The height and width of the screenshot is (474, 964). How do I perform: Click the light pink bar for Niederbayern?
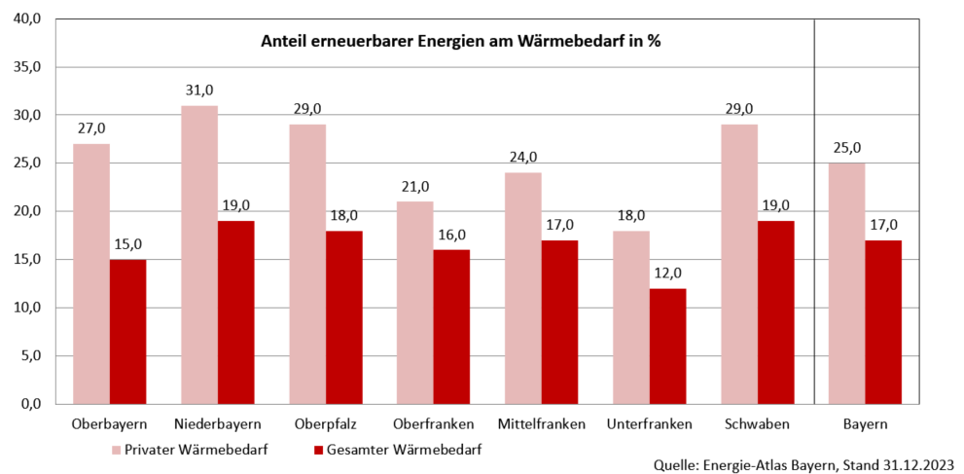click(199, 255)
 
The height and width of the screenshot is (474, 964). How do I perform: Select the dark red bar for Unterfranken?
click(667, 346)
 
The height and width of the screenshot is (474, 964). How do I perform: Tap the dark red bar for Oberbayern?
click(127, 331)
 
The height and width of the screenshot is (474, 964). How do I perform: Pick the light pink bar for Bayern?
click(846, 283)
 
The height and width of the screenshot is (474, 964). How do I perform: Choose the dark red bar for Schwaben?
click(775, 312)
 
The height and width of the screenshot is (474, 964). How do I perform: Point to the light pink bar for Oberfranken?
click(415, 303)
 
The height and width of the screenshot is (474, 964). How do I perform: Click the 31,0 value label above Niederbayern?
click(199, 91)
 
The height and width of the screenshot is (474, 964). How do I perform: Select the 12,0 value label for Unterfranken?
click(667, 273)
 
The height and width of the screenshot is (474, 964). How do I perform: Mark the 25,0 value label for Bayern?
click(846, 148)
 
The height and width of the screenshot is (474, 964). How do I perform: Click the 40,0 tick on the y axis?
click(25, 19)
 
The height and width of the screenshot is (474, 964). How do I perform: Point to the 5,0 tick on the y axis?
click(28, 356)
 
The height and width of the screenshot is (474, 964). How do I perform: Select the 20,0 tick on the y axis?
click(25, 211)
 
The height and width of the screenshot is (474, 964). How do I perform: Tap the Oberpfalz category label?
click(326, 424)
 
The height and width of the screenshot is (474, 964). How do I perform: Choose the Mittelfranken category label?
click(541, 424)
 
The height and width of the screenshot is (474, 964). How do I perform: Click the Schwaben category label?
click(757, 424)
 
